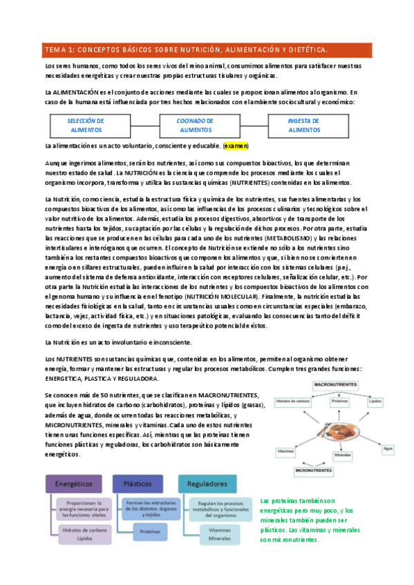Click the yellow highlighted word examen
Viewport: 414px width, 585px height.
(x=236, y=146)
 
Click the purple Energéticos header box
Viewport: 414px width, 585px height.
(x=74, y=484)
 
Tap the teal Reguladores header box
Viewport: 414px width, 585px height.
(x=207, y=484)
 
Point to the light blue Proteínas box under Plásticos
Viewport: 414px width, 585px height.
(x=146, y=532)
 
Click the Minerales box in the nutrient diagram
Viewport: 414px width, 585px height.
(x=342, y=455)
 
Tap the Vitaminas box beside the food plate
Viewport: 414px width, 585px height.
(x=285, y=450)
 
